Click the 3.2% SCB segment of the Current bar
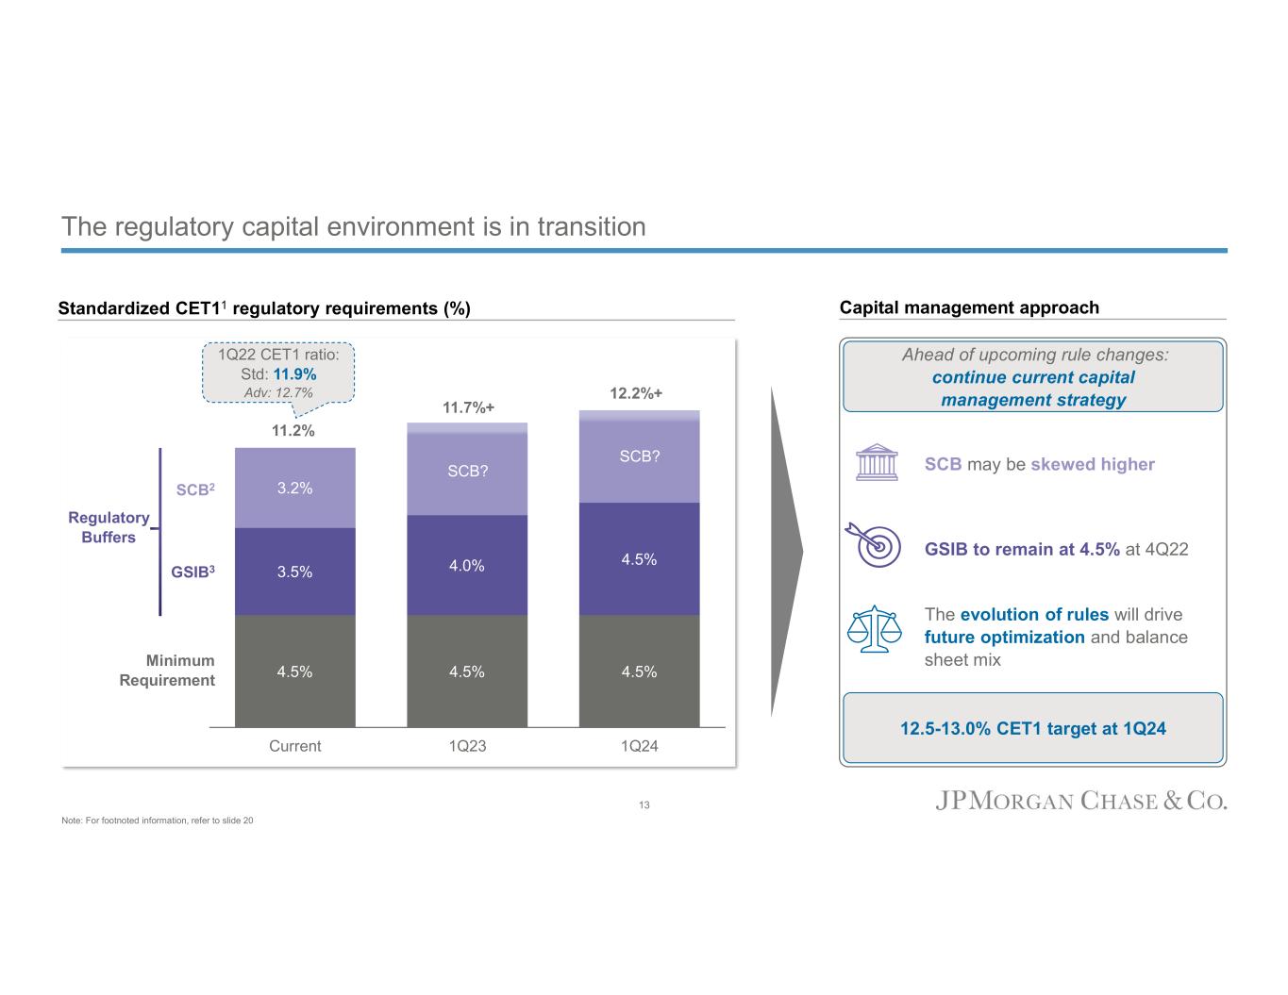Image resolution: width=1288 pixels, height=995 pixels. [294, 488]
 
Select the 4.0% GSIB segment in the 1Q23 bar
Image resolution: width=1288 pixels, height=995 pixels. [467, 565]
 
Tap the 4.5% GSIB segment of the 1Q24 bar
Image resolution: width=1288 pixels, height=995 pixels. [639, 558]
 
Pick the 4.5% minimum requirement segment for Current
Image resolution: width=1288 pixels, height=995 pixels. [294, 672]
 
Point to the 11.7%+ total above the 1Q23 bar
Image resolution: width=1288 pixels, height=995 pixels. [468, 408]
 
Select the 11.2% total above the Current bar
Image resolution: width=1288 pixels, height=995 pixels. [293, 431]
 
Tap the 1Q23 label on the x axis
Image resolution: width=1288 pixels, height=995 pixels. [467, 746]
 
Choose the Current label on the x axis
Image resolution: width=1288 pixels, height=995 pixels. [294, 746]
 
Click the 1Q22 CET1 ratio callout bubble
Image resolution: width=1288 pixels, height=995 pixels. [279, 373]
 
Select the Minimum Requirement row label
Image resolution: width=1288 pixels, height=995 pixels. [167, 671]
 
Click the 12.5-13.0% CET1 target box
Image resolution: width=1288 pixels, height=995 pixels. [1032, 728]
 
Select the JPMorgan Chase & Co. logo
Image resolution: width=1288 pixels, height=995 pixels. [1081, 802]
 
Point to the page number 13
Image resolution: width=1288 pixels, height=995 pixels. [644, 805]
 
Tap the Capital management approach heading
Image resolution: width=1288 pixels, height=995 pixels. [969, 307]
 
